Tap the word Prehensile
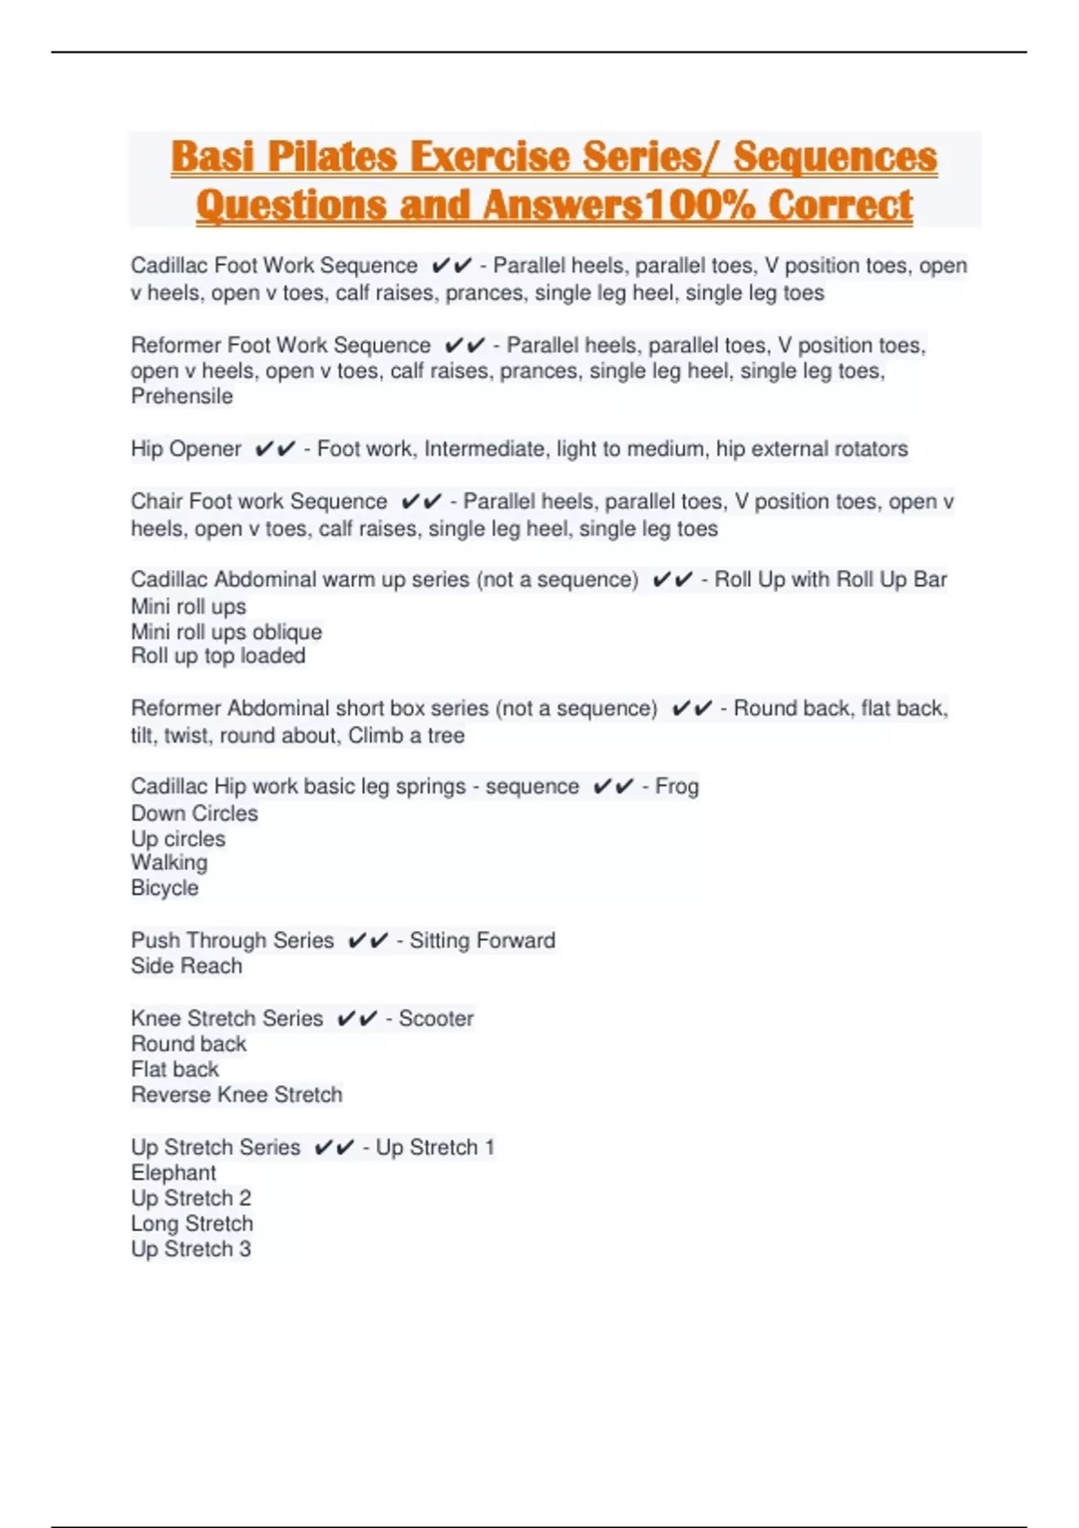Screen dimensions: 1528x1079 tap(182, 396)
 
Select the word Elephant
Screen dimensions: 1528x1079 tap(174, 1173)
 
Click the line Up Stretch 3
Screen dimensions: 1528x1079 tap(191, 1249)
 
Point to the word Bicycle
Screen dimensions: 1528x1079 tap(165, 888)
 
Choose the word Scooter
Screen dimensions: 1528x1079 tap(436, 1018)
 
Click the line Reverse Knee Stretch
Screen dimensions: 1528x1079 tap(236, 1095)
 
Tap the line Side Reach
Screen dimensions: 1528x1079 tap(186, 966)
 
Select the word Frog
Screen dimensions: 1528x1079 tap(677, 786)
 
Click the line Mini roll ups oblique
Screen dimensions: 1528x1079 tap(226, 632)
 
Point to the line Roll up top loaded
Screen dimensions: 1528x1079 tap(218, 656)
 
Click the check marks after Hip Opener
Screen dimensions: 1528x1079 tap(274, 449)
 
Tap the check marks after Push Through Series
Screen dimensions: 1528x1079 tap(367, 940)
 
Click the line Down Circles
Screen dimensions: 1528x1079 tap(194, 813)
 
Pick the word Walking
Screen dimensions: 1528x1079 tap(169, 863)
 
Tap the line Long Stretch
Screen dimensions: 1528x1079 tap(192, 1224)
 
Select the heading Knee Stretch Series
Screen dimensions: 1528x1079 tap(227, 1018)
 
